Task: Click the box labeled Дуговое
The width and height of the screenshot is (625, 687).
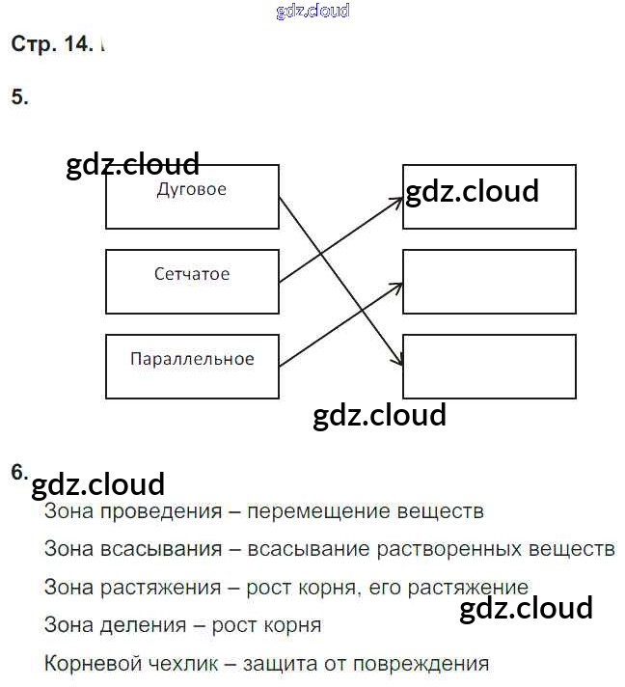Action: click(192, 197)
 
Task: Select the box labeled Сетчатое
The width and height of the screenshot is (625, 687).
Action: click(192, 281)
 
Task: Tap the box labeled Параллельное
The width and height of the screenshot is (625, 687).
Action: click(192, 366)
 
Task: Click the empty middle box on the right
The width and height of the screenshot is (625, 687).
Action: click(489, 282)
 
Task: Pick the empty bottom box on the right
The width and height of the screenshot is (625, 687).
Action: click(489, 366)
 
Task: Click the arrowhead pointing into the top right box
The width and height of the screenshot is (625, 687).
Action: click(396, 201)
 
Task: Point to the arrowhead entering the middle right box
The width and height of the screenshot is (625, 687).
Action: click(396, 286)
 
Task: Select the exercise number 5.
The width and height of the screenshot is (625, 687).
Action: click(19, 96)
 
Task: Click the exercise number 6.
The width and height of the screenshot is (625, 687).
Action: click(18, 472)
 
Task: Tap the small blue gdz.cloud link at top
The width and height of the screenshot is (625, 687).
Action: click(312, 12)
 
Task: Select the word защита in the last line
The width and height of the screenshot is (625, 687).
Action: click(276, 664)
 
